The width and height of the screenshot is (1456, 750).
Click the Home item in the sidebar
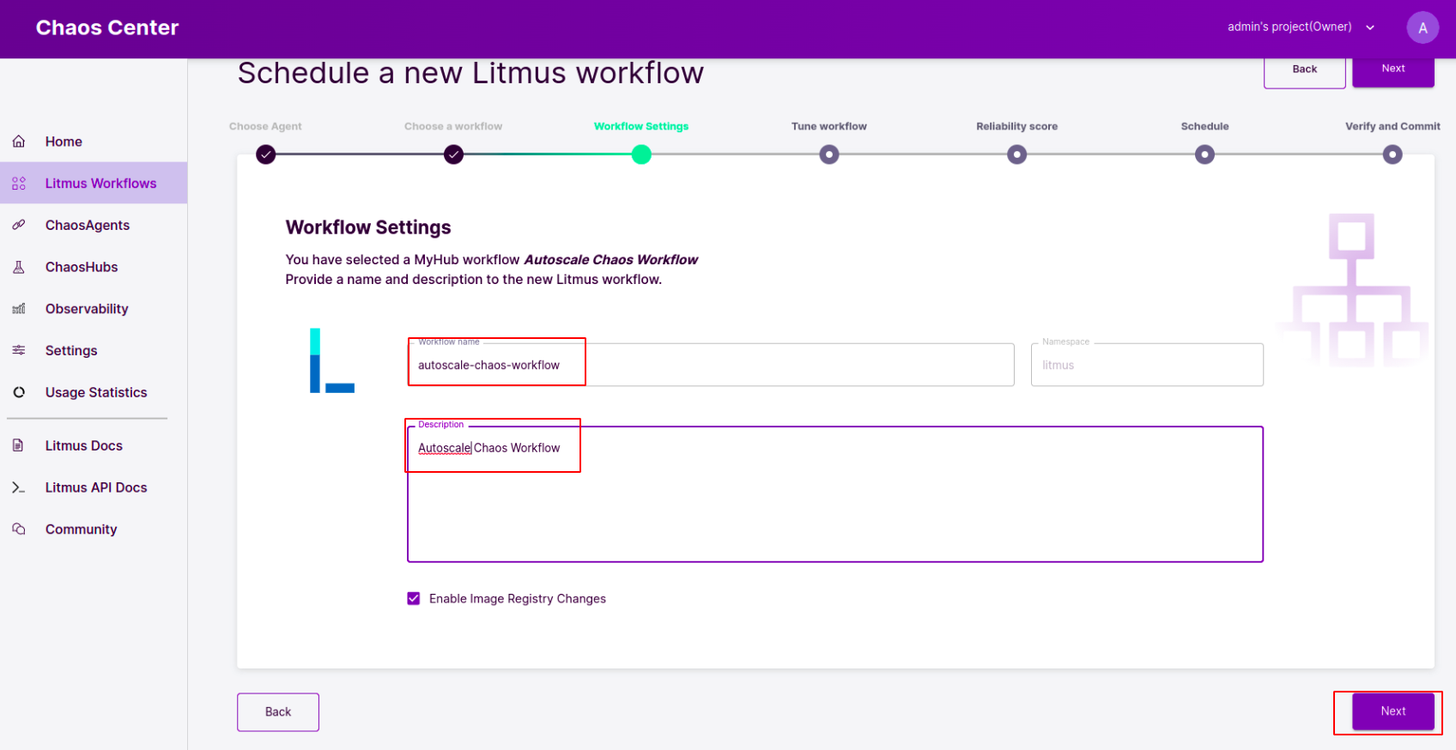(63, 141)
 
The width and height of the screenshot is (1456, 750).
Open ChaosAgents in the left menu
(87, 225)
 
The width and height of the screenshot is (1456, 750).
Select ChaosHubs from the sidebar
(82, 267)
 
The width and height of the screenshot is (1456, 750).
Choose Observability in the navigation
(87, 309)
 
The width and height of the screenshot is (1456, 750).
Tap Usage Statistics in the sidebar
(95, 392)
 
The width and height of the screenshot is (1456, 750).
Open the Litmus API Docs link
(95, 487)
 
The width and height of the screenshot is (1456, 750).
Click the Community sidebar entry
(81, 529)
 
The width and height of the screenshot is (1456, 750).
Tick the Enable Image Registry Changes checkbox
(414, 599)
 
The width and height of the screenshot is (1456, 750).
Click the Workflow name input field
(711, 365)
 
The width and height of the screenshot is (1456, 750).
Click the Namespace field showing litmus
(1147, 365)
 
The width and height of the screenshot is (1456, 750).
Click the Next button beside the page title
(1393, 69)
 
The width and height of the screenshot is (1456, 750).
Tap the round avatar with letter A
(1423, 28)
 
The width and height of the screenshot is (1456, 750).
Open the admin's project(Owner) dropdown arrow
(1369, 28)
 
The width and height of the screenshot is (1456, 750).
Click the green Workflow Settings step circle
(641, 154)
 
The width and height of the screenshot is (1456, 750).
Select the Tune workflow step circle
(828, 154)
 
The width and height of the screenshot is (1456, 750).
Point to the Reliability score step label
(1016, 126)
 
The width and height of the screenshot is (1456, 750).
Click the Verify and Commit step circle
(1392, 154)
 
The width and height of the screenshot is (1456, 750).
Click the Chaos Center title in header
(107, 27)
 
